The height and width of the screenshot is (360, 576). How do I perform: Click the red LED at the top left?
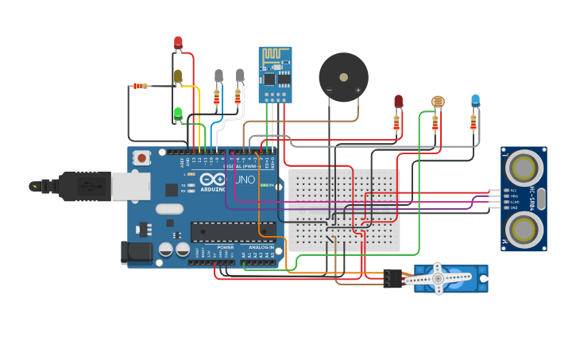point(178,42)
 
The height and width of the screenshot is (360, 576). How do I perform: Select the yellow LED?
point(178,76)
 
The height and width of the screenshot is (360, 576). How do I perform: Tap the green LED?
point(178,114)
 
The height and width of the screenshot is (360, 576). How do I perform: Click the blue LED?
point(475,100)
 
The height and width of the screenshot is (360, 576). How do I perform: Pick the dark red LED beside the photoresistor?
point(398,101)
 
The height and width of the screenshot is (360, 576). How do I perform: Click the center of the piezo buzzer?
point(343,77)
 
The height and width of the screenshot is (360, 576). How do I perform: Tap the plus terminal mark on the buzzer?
point(358,91)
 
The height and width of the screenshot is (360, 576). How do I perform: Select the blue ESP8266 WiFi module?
point(275,74)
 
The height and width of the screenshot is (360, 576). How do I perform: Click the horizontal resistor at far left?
point(141,86)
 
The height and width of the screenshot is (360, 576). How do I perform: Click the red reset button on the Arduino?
point(141,157)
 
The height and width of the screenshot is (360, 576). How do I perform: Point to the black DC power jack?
point(137,252)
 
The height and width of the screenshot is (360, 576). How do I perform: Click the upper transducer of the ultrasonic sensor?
point(524,168)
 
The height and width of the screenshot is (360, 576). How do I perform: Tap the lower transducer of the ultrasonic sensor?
point(524,230)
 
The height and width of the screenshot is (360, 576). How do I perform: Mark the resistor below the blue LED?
point(474,122)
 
